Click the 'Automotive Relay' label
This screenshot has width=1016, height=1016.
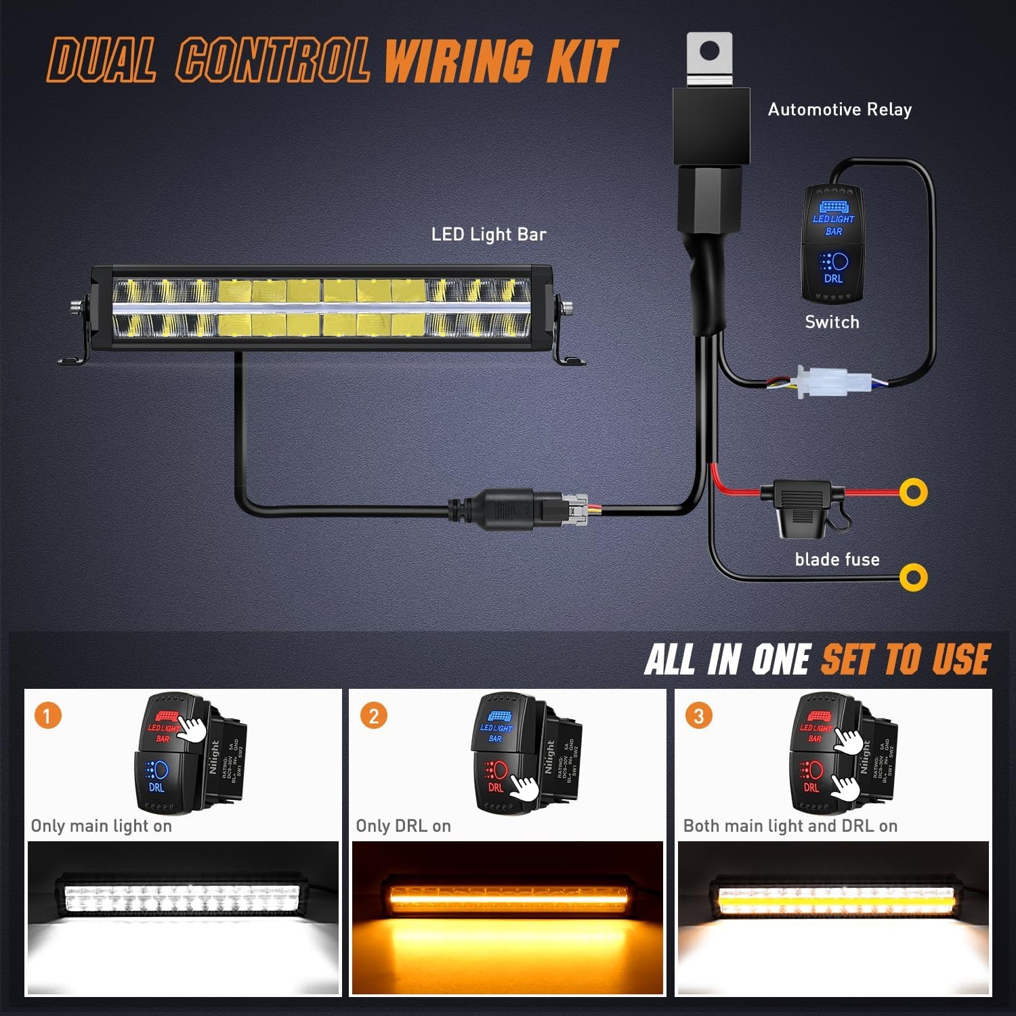tap(839, 110)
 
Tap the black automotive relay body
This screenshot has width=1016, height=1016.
tap(711, 125)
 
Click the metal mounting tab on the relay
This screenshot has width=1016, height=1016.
tap(709, 57)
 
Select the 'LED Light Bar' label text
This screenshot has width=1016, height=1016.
tap(488, 234)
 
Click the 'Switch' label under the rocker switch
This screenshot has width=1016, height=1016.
tap(832, 322)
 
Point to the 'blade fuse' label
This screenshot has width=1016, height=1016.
tap(837, 559)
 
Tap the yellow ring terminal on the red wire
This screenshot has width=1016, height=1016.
tap(913, 492)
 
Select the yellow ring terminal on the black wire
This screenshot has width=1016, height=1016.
tap(913, 577)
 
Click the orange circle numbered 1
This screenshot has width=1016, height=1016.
tap(47, 715)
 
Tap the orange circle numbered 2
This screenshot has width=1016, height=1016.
tap(373, 715)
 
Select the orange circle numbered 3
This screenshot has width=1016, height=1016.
tap(698, 715)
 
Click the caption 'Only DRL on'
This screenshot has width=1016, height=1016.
tap(403, 826)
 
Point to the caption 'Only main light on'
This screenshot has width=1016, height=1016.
tap(102, 826)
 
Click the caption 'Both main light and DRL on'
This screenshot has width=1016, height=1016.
tap(790, 826)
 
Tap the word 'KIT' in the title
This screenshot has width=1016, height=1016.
tap(583, 61)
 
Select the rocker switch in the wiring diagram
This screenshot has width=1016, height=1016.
tap(833, 244)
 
